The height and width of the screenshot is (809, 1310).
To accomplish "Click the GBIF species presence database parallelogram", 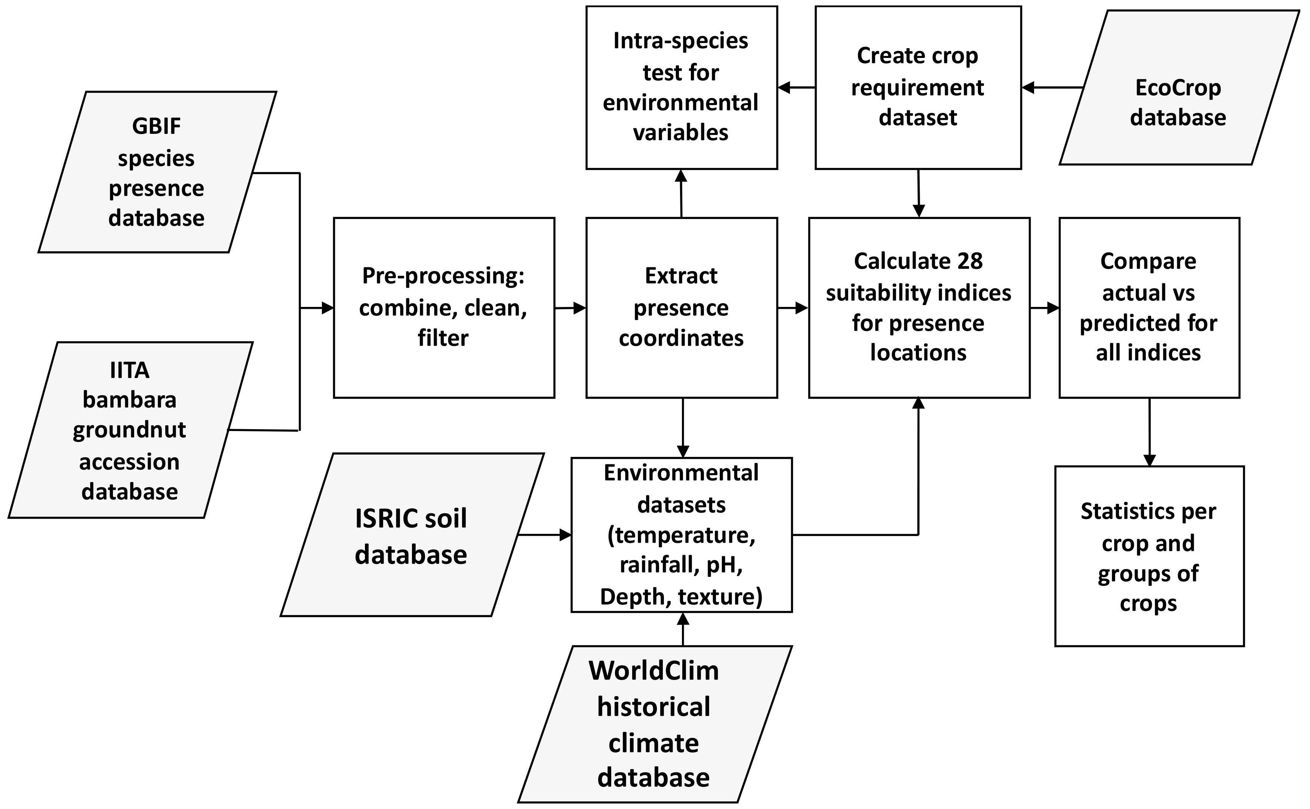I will point(157,172).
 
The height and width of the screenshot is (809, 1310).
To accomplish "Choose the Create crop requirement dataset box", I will point(918,87).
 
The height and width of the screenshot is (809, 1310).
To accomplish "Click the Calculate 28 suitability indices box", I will point(919,307).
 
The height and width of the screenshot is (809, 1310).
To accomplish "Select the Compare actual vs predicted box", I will point(1148,307).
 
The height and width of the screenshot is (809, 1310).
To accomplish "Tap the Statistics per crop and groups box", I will point(1148,556).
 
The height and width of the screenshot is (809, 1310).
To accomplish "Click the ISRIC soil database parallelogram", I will point(411,535).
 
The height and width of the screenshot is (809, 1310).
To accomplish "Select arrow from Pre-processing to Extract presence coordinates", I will point(570,308).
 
